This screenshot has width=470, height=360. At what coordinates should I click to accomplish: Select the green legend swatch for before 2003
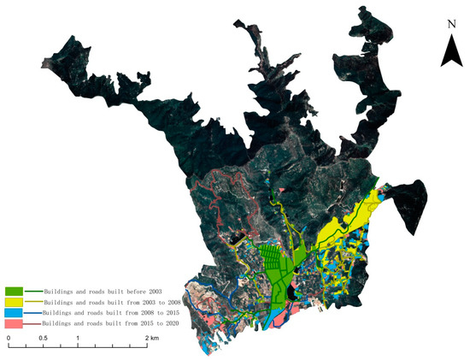(14, 293)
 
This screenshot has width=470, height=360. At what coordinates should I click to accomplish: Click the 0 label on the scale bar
(9, 339)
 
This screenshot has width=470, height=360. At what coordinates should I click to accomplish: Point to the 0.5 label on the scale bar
(43, 339)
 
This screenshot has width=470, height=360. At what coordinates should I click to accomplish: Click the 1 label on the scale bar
(78, 339)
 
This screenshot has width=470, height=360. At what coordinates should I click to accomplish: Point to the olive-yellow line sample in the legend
(36, 303)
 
